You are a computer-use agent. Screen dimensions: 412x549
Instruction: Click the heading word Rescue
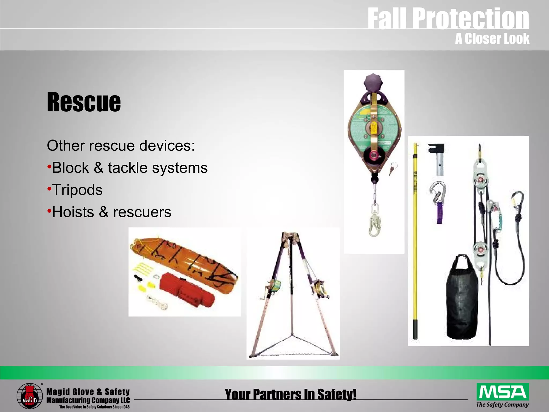pos(84,102)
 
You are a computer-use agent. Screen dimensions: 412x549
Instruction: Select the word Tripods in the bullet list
pos(77,190)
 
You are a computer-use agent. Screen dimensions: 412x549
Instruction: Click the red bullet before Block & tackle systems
pos(49,167)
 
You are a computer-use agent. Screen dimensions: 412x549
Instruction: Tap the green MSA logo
pos(503,392)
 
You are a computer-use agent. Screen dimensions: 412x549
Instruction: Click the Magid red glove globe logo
pos(29,396)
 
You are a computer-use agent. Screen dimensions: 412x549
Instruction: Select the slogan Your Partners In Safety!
pos(291,394)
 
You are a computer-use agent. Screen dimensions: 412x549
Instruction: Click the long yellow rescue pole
pos(416,241)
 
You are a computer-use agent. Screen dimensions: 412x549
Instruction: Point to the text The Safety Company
pos(502,404)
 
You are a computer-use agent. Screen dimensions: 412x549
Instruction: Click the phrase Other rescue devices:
pos(121,146)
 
